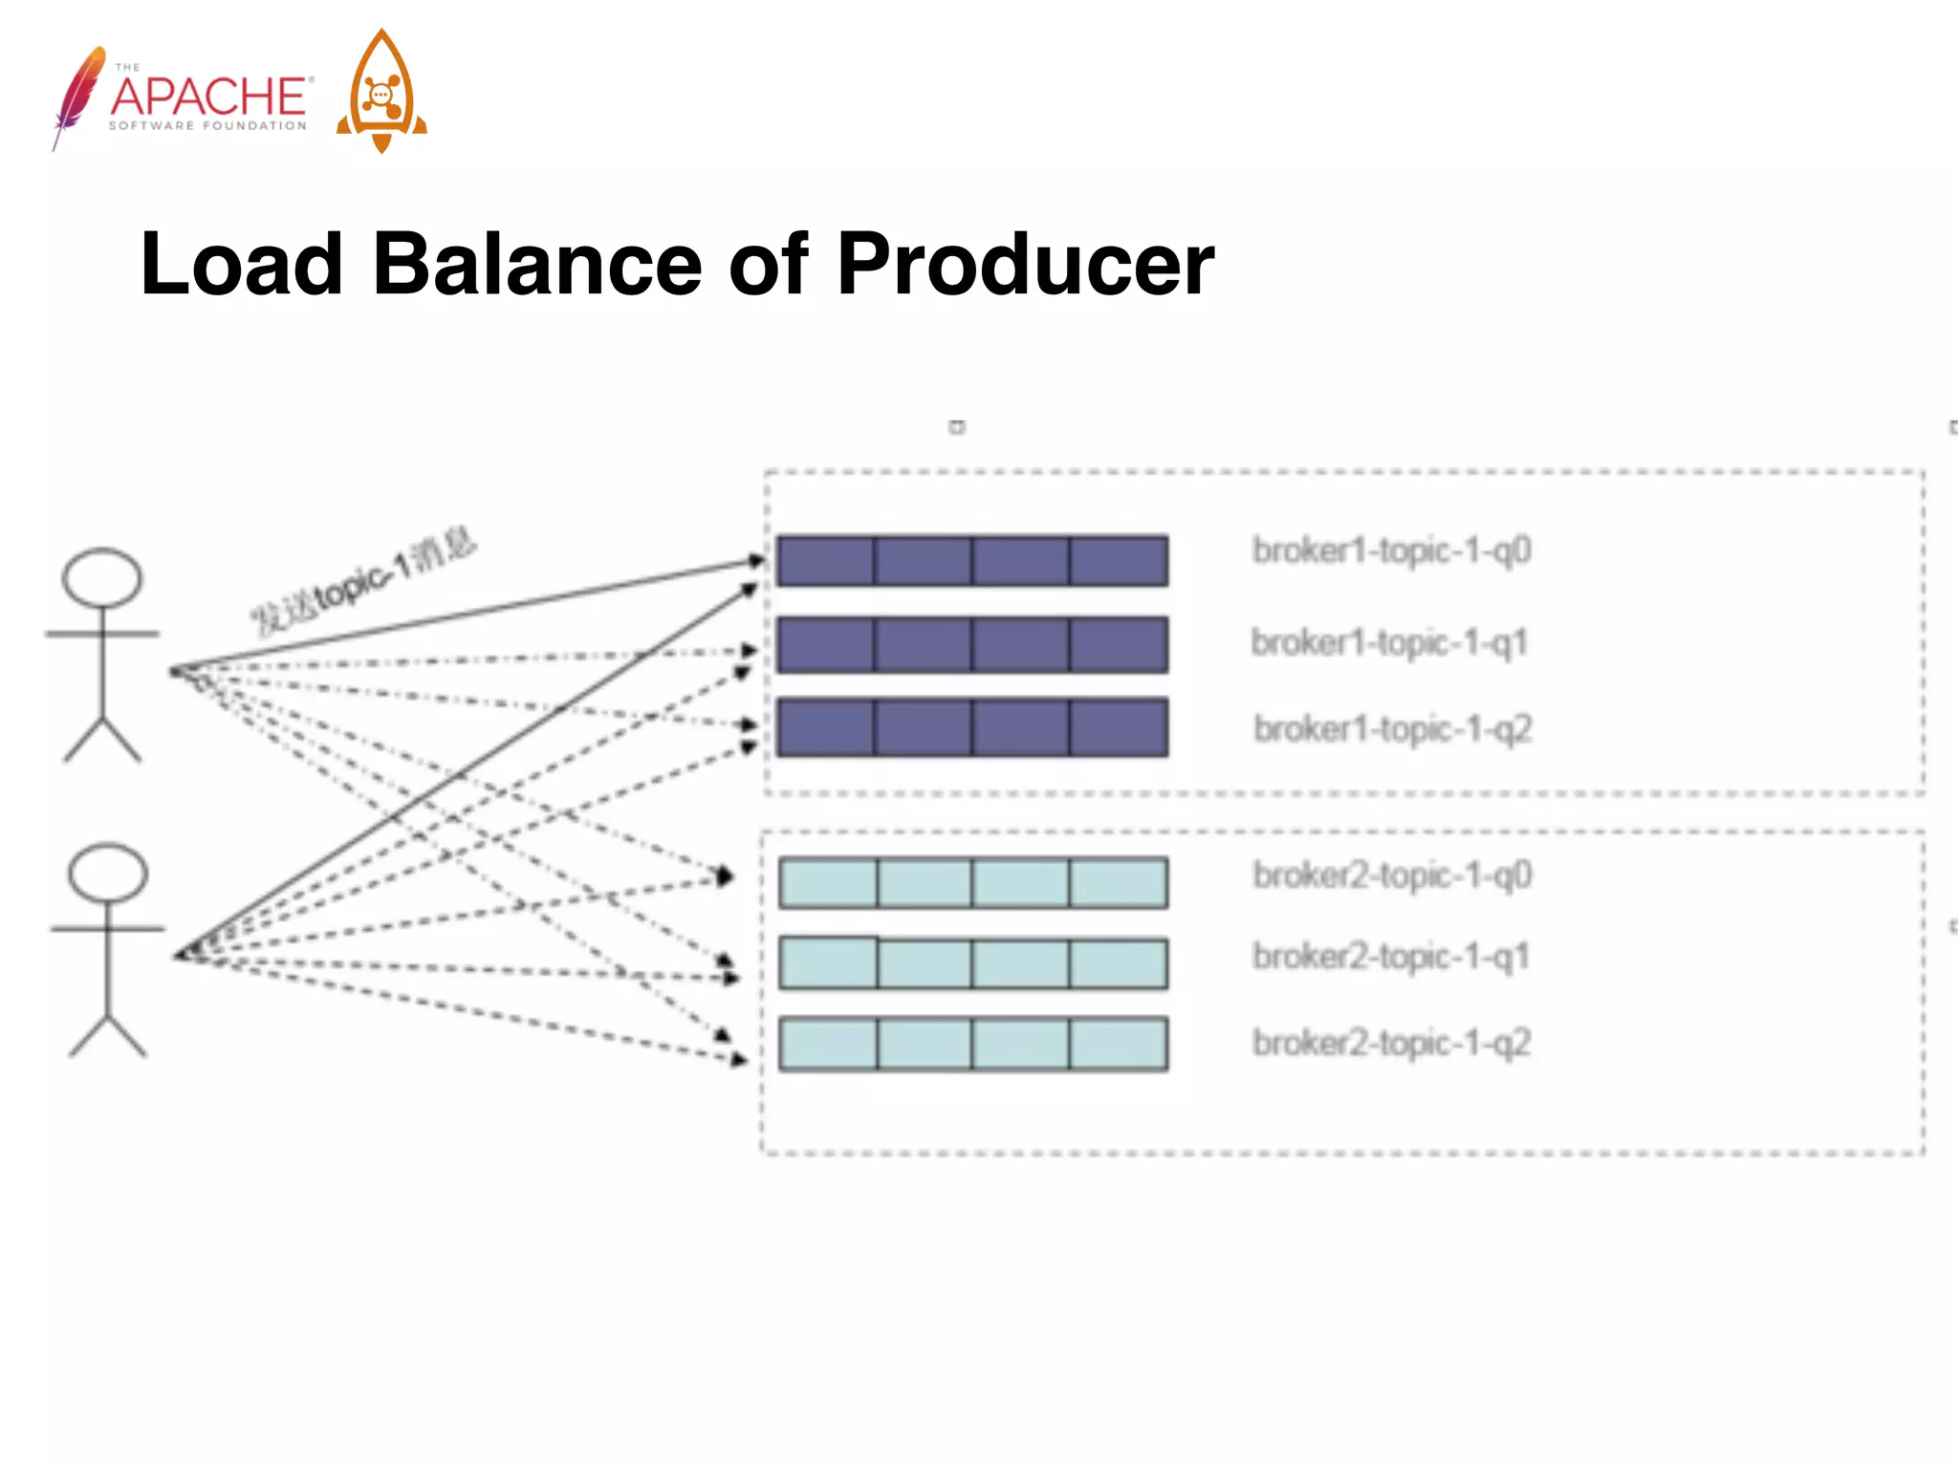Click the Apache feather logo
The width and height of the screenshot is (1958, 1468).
(78, 96)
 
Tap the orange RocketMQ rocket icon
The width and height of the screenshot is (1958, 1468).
(381, 92)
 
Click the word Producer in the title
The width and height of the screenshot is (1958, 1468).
(1025, 265)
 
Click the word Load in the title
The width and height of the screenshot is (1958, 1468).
(242, 265)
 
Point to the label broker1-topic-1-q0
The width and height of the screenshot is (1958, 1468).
(1392, 551)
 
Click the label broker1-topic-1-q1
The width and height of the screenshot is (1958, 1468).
(1389, 642)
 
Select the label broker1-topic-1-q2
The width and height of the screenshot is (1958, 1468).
(1393, 729)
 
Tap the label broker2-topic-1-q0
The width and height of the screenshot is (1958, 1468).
(1392, 875)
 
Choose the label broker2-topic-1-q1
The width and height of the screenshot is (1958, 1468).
(1391, 956)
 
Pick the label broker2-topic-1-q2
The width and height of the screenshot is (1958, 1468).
(1392, 1043)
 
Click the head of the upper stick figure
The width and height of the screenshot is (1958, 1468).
(102, 577)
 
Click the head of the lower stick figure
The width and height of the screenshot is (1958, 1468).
(108, 873)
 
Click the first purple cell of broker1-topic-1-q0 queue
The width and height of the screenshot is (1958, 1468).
(826, 561)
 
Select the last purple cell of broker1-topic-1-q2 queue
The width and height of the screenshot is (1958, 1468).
(1119, 727)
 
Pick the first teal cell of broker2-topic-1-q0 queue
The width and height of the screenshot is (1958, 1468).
(828, 882)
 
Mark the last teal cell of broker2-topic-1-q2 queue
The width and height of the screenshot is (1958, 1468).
(1119, 1043)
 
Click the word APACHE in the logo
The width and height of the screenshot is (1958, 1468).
(209, 97)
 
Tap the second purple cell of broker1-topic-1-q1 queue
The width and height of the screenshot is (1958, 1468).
(923, 644)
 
